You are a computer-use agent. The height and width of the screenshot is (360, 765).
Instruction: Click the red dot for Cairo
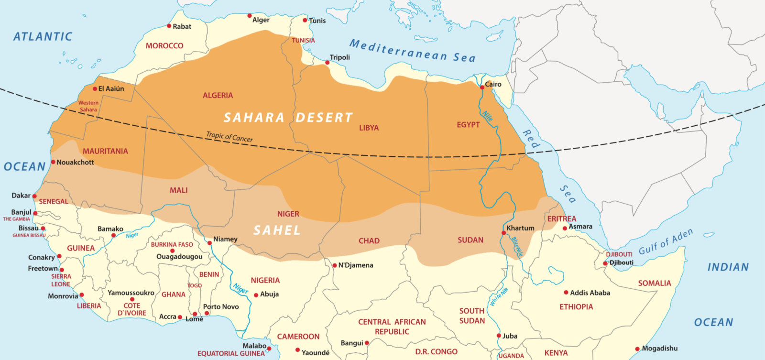point(482,87)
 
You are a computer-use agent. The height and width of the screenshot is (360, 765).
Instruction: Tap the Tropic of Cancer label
point(229,137)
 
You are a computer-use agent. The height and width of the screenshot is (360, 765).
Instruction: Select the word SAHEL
point(277,230)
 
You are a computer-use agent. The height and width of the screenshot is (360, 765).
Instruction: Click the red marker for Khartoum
point(503,233)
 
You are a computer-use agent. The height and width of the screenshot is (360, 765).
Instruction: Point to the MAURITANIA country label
point(105,151)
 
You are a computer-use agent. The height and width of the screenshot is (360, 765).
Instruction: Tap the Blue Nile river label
point(517,246)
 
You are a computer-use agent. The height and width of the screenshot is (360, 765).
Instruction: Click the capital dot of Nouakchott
point(53,162)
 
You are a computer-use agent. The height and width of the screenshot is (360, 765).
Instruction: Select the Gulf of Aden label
point(666,242)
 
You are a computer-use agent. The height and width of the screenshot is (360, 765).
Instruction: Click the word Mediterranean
point(398,50)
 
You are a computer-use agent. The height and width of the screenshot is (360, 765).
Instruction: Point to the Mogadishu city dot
point(637,349)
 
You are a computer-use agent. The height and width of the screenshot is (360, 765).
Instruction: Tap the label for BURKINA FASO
point(172,244)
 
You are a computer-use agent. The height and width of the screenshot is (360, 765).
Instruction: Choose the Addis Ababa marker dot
point(566,293)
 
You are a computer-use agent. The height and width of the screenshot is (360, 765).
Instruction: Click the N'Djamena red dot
point(335,265)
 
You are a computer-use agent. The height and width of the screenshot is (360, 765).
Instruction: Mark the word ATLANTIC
point(43,37)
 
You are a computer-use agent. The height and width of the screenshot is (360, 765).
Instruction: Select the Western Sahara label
point(88,106)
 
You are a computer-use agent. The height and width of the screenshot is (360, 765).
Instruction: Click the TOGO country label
point(194,285)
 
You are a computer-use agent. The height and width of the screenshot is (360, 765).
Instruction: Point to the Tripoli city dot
point(328,63)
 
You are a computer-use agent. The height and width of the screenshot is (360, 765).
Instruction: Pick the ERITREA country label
point(562,218)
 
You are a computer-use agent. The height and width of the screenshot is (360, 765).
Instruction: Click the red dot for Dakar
point(34,196)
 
